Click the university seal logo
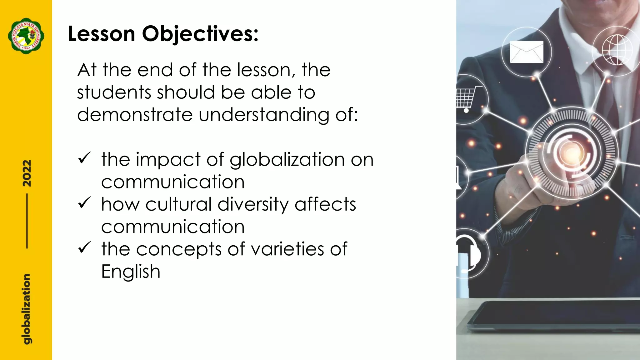pyautogui.click(x=26, y=36)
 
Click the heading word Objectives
pyautogui.click(x=200, y=34)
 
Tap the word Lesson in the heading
pyautogui.click(x=101, y=33)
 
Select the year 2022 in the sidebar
pyautogui.click(x=27, y=173)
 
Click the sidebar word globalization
pyautogui.click(x=27, y=309)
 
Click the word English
pyautogui.click(x=131, y=271)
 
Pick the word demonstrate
pyautogui.click(x=135, y=114)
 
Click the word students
pyautogui.click(x=114, y=92)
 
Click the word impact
pyautogui.click(x=168, y=160)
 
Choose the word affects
pyautogui.click(x=325, y=204)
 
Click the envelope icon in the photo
pyautogui.click(x=527, y=52)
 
